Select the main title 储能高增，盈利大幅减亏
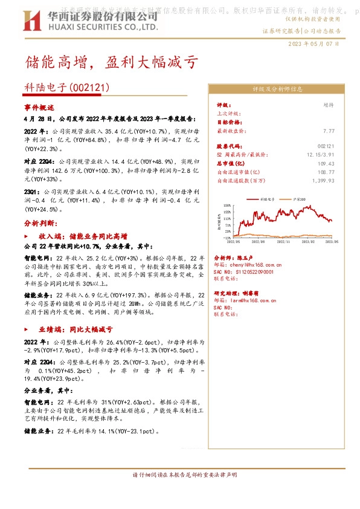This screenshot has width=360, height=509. point(110,62)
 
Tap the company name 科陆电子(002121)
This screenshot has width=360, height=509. point(67,88)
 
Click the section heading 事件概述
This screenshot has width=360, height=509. point(39,106)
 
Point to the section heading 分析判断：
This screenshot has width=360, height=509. point(40,222)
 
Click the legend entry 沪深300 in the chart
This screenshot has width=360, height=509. point(298,198)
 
